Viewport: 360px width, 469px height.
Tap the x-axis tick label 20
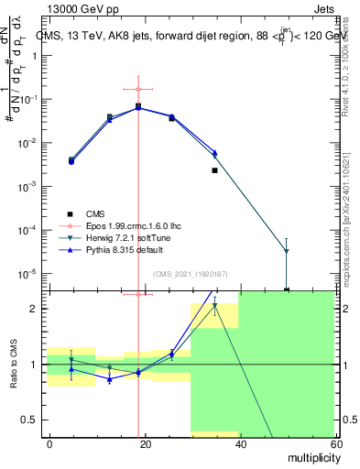pyautogui.click(x=145, y=442)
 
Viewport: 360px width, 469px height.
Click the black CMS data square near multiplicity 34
pyautogui.click(x=214, y=170)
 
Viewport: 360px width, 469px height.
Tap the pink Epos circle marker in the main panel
pyautogui.click(x=138, y=89)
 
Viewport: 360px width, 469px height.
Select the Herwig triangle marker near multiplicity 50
pyautogui.click(x=286, y=251)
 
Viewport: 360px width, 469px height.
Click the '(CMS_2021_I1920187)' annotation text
pyautogui.click(x=190, y=273)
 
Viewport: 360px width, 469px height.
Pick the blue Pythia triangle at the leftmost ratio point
pyautogui.click(x=72, y=368)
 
